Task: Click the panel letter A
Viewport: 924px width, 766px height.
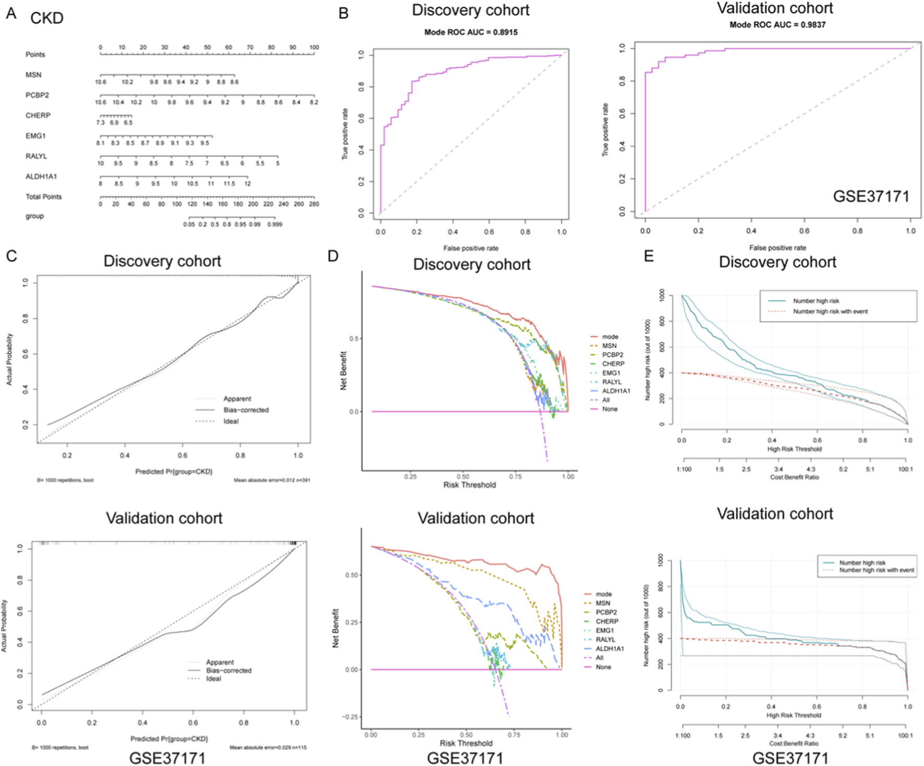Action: pos(11,14)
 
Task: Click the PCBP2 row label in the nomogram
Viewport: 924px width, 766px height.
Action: pos(37,95)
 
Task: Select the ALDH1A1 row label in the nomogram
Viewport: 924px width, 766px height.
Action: pos(41,177)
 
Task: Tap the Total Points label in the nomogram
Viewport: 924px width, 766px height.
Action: pos(44,197)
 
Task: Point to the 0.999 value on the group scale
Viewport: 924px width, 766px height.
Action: pos(275,225)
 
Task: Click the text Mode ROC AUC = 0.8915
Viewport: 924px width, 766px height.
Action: pos(470,32)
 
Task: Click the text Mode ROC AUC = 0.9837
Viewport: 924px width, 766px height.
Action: pos(777,24)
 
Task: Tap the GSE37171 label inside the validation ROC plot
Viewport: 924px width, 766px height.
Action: pos(871,196)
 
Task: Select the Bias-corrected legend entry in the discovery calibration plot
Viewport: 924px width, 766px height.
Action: pos(246,410)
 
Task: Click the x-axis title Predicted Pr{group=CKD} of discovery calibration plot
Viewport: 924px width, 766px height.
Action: pos(174,472)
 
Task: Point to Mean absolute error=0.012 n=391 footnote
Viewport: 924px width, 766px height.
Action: pos(272,480)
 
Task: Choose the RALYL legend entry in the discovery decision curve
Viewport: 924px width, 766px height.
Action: pos(612,382)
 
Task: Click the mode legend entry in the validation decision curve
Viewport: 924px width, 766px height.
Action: pos(603,594)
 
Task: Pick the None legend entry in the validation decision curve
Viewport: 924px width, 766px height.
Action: pos(603,667)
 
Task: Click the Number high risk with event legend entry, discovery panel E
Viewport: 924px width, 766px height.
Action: pos(830,312)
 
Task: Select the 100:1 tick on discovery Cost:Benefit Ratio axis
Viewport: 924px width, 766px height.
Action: pos(906,470)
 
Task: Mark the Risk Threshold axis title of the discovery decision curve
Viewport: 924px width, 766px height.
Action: pos(469,485)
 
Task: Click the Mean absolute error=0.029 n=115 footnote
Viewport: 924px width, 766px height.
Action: pos(268,748)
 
